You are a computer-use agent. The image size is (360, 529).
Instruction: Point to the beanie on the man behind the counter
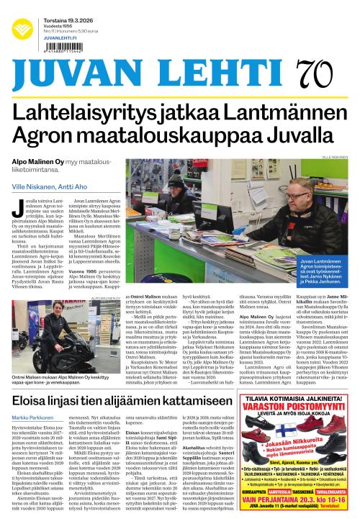(x=175, y=177)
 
